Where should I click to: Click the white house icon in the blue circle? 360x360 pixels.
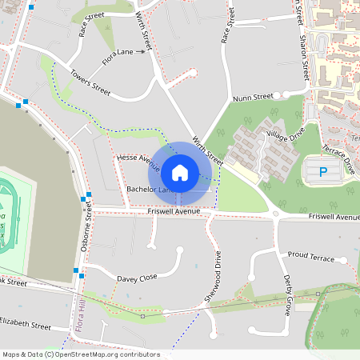pos(180,172)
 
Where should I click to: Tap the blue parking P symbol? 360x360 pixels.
pos(324,171)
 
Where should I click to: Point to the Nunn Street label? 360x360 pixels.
pos(253,98)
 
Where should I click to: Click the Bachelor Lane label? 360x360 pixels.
pos(148,190)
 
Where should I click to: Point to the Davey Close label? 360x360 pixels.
pos(137,278)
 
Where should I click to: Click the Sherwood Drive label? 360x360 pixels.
pos(212,276)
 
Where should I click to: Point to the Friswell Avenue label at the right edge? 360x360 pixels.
pos(334,217)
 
